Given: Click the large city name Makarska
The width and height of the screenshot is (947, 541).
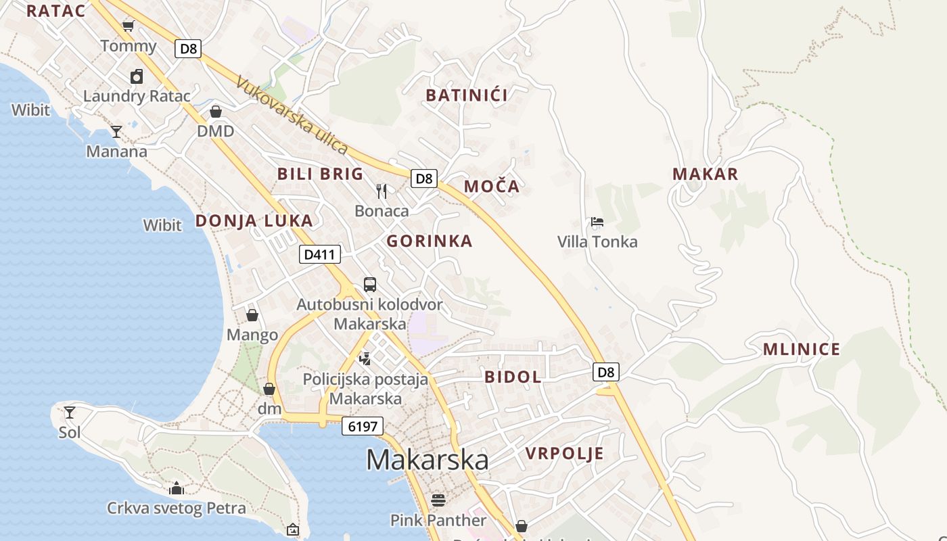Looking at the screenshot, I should [427, 460].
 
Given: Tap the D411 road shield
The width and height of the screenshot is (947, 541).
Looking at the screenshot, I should [319, 254].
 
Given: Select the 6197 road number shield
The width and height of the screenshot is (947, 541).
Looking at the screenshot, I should [363, 426].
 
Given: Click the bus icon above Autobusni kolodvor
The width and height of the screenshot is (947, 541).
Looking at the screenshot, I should [369, 284].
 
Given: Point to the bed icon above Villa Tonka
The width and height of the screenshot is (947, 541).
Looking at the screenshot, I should [597, 221].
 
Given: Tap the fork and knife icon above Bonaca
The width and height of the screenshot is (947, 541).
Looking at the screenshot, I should [382, 191].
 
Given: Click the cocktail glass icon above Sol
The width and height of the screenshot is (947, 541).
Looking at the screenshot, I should [69, 412].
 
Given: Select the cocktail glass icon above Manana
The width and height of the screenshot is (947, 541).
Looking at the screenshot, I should [116, 131].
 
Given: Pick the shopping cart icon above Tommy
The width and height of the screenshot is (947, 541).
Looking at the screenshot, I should [128, 26].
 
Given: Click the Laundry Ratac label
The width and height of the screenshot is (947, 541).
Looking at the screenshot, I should [137, 96].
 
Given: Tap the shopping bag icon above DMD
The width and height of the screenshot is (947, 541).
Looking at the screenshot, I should [215, 112].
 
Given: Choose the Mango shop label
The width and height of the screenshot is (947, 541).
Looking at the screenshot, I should [252, 335].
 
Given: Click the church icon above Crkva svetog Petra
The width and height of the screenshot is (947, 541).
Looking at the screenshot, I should [177, 488].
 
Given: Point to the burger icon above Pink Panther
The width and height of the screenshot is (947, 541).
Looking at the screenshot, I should [438, 500].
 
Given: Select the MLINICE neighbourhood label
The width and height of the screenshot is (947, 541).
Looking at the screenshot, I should [801, 350].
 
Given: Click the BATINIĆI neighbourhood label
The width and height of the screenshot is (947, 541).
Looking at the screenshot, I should [467, 95].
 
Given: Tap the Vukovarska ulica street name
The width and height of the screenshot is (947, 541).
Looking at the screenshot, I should [292, 115].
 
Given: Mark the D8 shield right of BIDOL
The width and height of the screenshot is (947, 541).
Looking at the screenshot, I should [606, 371].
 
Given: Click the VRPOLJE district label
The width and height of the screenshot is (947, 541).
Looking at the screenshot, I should [564, 453].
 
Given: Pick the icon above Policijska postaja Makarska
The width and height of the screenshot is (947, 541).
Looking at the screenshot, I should [365, 358].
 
